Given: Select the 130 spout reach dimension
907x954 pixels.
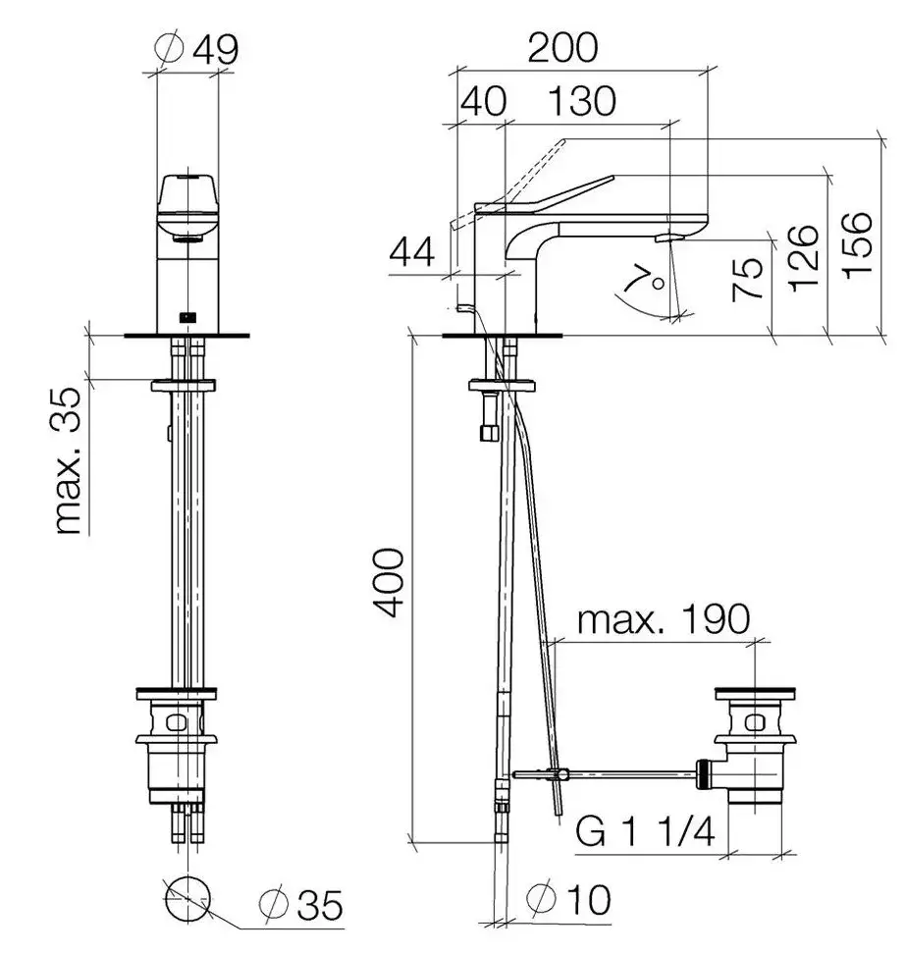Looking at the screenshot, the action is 582,101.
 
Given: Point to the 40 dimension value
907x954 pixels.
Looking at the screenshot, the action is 483,101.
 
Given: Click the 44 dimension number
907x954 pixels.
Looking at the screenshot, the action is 412,252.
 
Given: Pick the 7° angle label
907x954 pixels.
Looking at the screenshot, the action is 644,280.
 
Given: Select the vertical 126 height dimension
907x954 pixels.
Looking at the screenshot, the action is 802,258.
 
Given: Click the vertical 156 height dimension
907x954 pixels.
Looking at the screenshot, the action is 857,245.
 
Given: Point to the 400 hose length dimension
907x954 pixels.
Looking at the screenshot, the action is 388,582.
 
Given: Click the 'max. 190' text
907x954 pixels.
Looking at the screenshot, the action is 663,619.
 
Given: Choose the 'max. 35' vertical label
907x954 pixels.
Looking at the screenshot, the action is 67,460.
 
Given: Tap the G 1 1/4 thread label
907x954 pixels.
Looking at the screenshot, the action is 645,831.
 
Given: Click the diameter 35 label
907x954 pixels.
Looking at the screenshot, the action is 300,905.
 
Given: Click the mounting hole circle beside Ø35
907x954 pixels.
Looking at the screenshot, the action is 187,899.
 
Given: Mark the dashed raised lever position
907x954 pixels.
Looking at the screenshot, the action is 507,184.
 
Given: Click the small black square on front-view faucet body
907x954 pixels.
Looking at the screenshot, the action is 187,316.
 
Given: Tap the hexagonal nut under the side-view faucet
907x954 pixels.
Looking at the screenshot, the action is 489,433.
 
